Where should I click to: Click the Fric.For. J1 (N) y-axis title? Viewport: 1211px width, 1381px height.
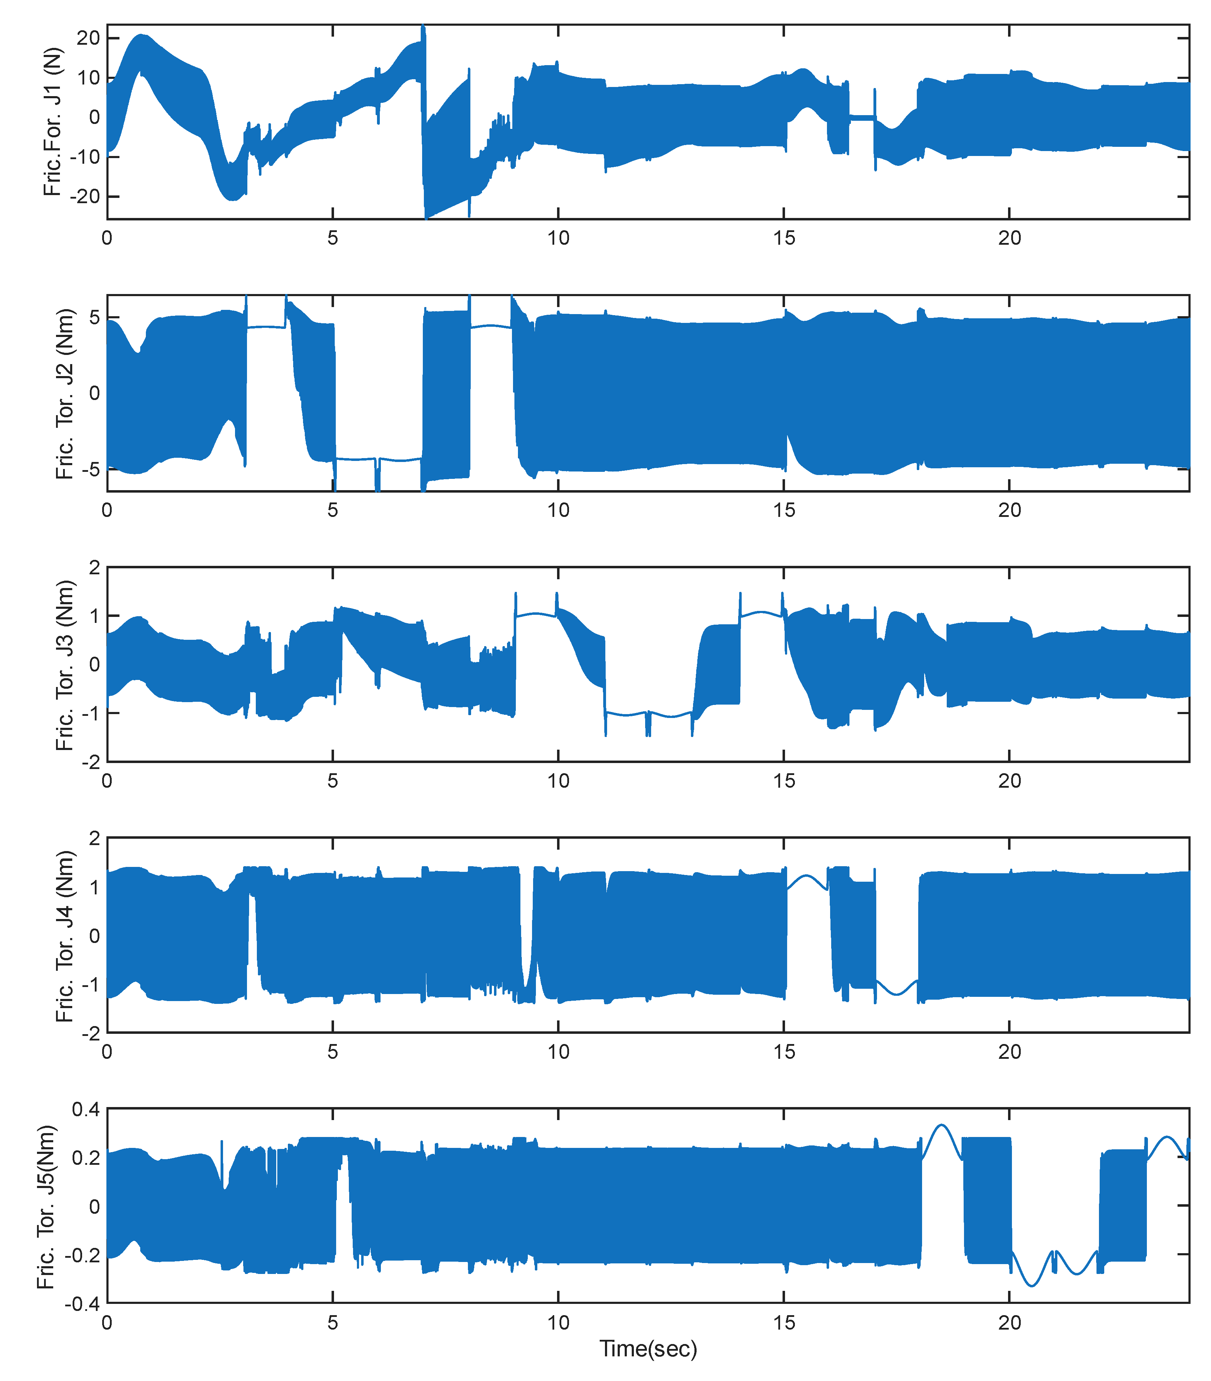(x=53, y=121)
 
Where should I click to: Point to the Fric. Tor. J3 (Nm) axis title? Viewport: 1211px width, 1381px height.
(x=65, y=665)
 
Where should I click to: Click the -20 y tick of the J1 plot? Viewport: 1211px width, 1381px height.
(x=87, y=196)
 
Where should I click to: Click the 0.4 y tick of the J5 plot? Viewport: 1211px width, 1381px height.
(x=86, y=1110)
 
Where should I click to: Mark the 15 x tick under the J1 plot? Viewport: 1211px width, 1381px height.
(x=784, y=238)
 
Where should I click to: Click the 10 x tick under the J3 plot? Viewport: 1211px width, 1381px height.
(x=558, y=781)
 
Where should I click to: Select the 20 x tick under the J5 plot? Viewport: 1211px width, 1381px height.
(x=1009, y=1323)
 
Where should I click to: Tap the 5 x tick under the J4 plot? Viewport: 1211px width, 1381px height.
(x=333, y=1052)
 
